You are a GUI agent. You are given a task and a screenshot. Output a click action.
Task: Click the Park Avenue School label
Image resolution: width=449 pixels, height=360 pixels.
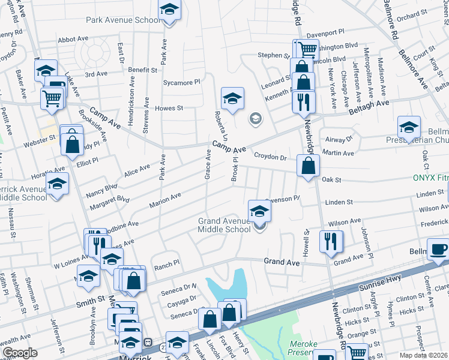122,20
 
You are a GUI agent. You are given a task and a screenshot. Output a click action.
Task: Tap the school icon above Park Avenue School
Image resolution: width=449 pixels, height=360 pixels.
169,10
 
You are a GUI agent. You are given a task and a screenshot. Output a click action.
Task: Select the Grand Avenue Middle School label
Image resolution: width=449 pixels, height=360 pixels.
224,225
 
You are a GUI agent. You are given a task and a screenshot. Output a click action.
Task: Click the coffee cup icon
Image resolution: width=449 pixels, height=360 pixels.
438,249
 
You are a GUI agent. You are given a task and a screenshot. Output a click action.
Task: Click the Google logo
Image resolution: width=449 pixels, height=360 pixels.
20,353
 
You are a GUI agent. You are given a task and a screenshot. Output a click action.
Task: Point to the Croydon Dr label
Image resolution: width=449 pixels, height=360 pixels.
270,157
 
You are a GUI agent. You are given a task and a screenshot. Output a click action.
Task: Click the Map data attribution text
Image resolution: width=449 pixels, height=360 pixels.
423,355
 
